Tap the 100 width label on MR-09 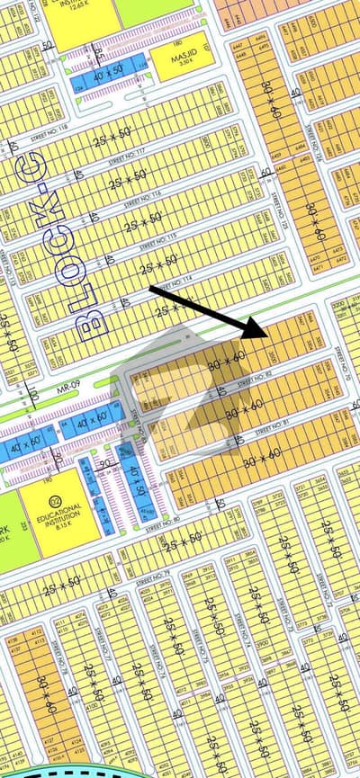(x=34, y=395)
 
